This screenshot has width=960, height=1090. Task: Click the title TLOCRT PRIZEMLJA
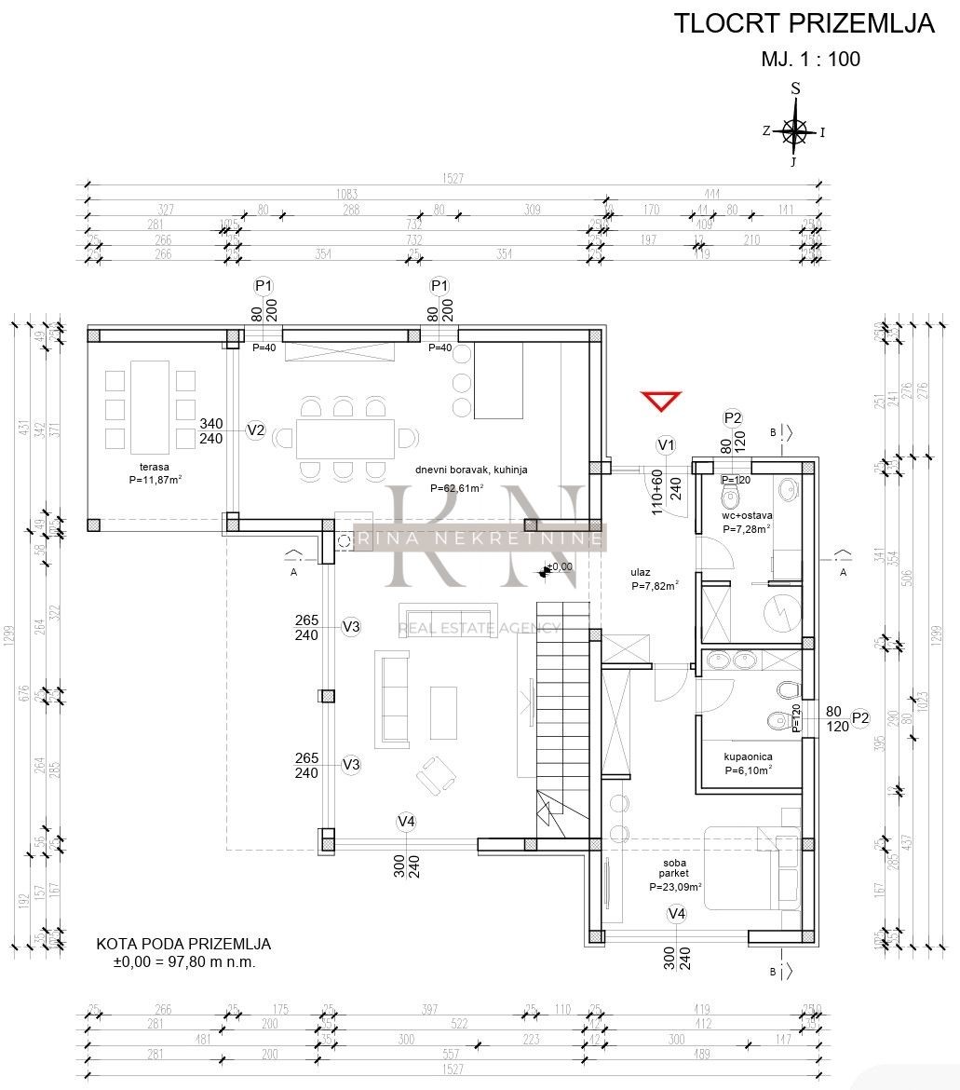[804, 24]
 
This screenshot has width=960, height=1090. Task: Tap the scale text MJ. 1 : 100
[810, 60]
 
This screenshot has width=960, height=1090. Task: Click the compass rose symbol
[795, 131]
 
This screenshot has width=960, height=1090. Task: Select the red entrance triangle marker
[661, 402]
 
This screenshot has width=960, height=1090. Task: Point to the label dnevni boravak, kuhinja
[471, 470]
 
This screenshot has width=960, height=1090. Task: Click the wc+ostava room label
[748, 515]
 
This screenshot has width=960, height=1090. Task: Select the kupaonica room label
[750, 757]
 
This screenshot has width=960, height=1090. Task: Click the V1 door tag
[666, 445]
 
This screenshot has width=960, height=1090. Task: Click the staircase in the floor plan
[563, 708]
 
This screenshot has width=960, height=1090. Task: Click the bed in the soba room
[754, 867]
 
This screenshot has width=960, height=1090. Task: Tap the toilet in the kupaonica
[788, 689]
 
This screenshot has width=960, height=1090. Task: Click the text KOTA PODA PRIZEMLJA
[183, 944]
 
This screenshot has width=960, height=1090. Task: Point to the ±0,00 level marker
[557, 566]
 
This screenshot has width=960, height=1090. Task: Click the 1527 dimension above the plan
[453, 178]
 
